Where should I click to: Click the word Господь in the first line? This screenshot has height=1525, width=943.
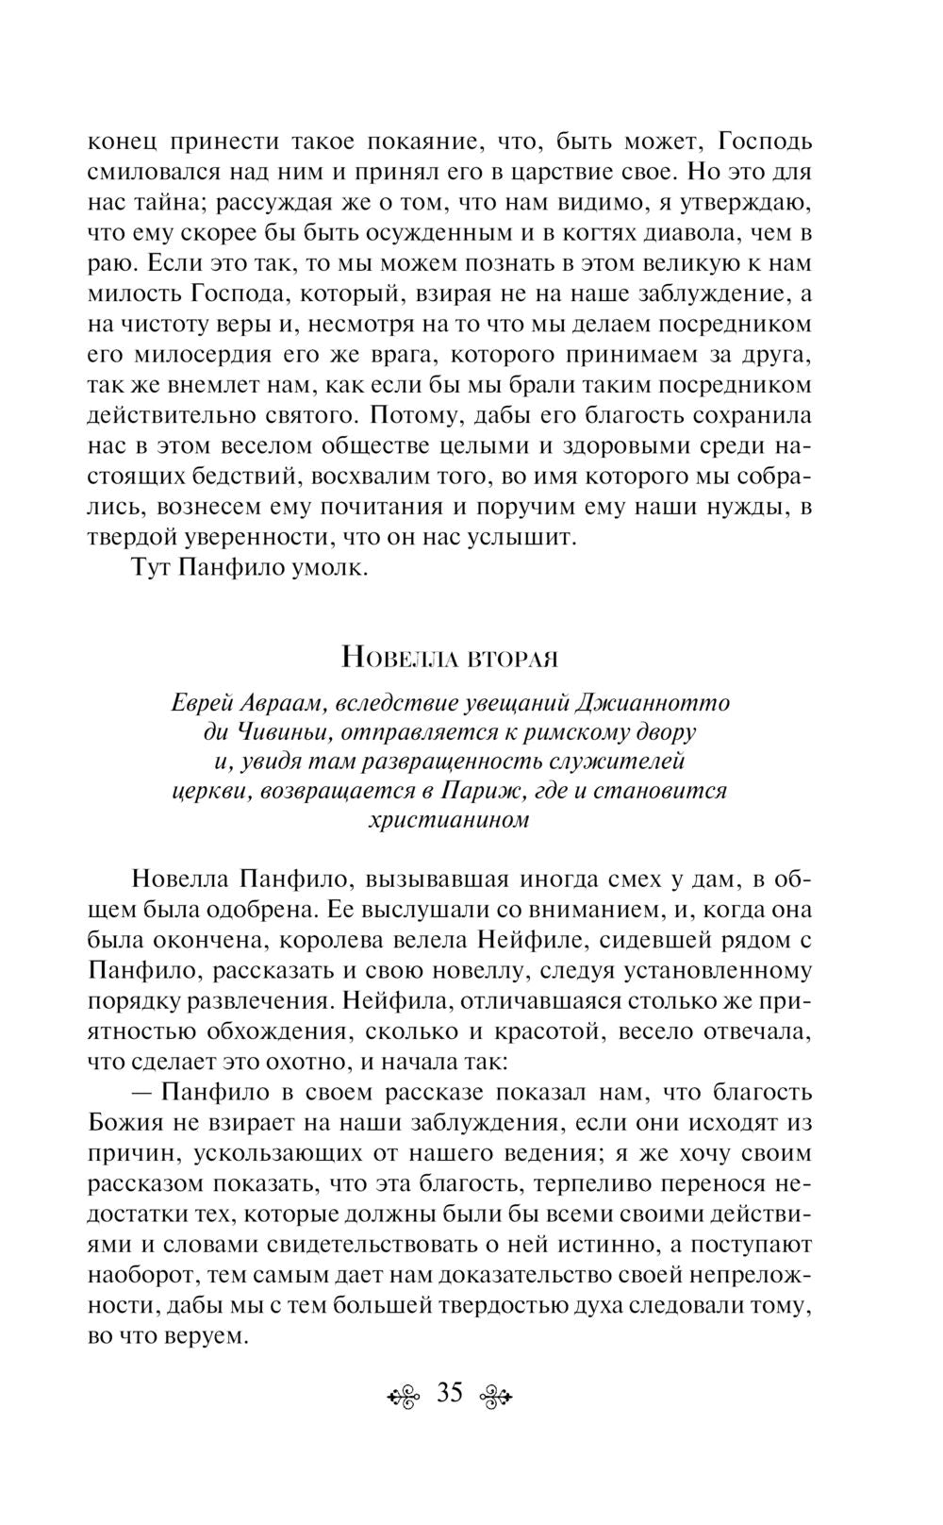[x=766, y=142]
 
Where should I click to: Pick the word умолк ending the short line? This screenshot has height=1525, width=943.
[x=331, y=571]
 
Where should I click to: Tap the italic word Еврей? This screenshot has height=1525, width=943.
[x=203, y=704]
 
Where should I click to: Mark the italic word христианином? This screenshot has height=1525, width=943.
[x=448, y=819]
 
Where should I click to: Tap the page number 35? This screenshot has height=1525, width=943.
[x=450, y=1393]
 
